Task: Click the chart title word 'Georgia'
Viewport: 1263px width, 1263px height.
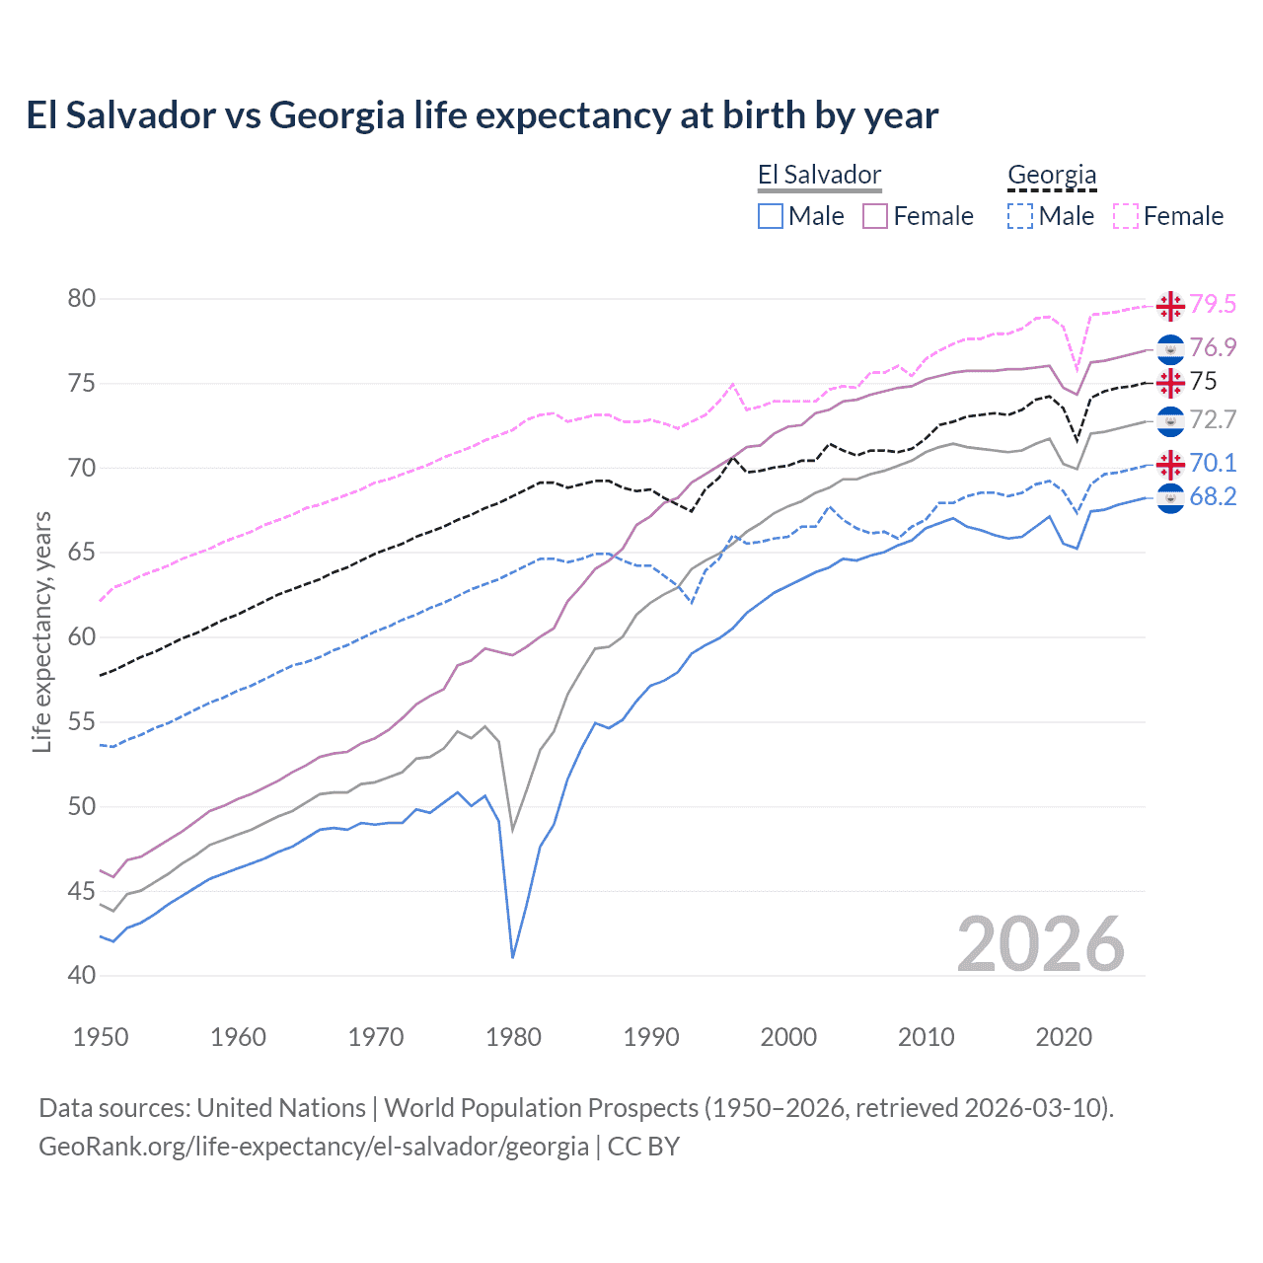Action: (x=336, y=115)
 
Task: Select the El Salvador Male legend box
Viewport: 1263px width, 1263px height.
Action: (x=771, y=216)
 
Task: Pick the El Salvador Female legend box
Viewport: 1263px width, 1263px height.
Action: (x=875, y=216)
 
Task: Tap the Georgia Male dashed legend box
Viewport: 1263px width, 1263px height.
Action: (x=1020, y=216)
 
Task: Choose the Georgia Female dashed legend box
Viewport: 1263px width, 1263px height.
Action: (x=1126, y=216)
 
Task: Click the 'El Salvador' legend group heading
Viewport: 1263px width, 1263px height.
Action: (x=819, y=176)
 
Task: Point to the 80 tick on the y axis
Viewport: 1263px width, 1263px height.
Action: (x=82, y=299)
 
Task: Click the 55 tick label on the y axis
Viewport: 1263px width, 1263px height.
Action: (x=82, y=722)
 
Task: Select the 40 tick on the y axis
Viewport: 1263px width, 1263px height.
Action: (x=82, y=976)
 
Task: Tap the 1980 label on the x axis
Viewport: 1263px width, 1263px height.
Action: (x=514, y=1037)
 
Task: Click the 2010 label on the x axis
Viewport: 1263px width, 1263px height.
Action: (x=926, y=1037)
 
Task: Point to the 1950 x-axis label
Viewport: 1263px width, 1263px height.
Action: (x=102, y=1037)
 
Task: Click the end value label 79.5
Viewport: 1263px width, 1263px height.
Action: (x=1213, y=305)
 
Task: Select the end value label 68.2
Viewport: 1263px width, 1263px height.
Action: (x=1213, y=497)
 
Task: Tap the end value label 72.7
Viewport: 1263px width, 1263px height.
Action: (x=1213, y=420)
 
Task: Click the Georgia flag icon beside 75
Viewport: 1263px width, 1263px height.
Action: (x=1170, y=382)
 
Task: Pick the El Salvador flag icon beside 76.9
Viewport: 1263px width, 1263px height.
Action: (x=1170, y=348)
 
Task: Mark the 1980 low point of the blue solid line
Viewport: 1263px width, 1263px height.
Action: (x=513, y=957)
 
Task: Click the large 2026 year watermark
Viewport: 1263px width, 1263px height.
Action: (x=1041, y=944)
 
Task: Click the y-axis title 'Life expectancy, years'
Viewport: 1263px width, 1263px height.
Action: (x=42, y=631)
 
